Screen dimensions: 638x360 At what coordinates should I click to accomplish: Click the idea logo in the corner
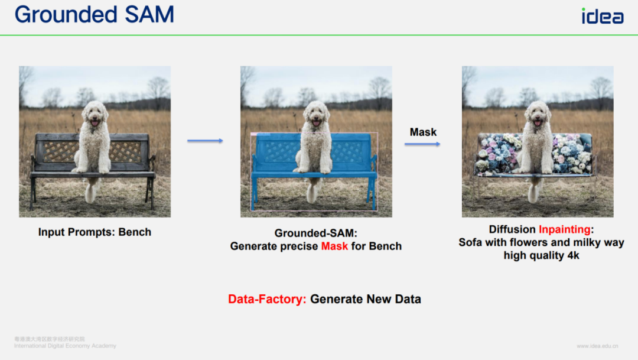pyautogui.click(x=603, y=16)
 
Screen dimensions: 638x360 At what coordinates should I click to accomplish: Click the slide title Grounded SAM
pyautogui.click(x=95, y=15)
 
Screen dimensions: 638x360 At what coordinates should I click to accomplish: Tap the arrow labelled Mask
pyautogui.click(x=422, y=144)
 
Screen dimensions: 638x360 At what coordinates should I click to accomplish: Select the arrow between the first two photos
pyautogui.click(x=205, y=141)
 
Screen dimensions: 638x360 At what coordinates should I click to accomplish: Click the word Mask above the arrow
pyautogui.click(x=423, y=132)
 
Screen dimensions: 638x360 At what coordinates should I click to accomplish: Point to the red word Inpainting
pyautogui.click(x=564, y=229)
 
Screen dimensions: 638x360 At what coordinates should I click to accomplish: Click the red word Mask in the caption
pyautogui.click(x=334, y=246)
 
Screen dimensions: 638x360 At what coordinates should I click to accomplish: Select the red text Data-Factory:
pyautogui.click(x=267, y=299)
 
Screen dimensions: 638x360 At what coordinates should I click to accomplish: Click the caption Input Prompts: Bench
pyautogui.click(x=95, y=232)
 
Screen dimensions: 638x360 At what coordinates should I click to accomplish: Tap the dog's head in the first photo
pyautogui.click(x=95, y=114)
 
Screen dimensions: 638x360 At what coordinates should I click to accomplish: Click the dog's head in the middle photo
pyautogui.click(x=316, y=114)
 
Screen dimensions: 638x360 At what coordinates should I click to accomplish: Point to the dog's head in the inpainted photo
pyautogui.click(x=538, y=114)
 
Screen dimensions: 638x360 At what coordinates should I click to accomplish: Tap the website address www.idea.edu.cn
pyautogui.click(x=597, y=346)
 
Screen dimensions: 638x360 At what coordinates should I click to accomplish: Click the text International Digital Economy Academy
pyautogui.click(x=65, y=346)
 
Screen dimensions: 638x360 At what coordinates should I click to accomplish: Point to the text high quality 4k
pyautogui.click(x=541, y=255)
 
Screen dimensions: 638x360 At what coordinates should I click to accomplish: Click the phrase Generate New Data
pyautogui.click(x=366, y=299)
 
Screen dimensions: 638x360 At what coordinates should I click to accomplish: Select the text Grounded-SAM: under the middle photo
pyautogui.click(x=315, y=233)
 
